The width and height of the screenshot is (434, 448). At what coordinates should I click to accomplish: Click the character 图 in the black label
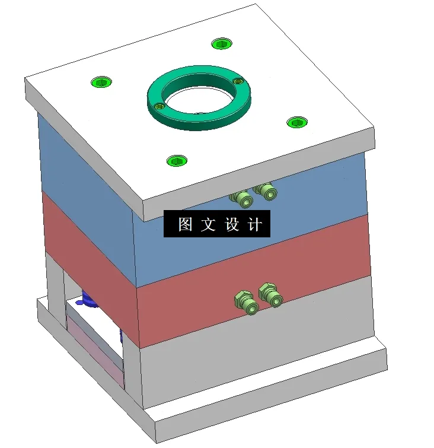coord(185,225)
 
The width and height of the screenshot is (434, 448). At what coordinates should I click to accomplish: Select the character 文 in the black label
coord(208,225)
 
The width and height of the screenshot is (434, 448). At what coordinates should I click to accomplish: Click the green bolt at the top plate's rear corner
coord(222,43)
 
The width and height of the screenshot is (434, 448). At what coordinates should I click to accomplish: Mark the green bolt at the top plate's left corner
coord(101,81)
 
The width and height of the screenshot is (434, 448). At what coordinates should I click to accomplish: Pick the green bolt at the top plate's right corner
coord(297,122)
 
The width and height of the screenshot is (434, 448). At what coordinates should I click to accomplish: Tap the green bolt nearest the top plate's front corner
coord(177,160)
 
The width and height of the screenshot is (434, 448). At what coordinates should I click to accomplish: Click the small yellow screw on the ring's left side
coord(159,106)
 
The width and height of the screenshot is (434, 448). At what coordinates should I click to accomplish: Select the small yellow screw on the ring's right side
coord(238,81)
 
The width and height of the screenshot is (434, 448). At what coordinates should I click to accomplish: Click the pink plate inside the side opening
coord(95,350)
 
